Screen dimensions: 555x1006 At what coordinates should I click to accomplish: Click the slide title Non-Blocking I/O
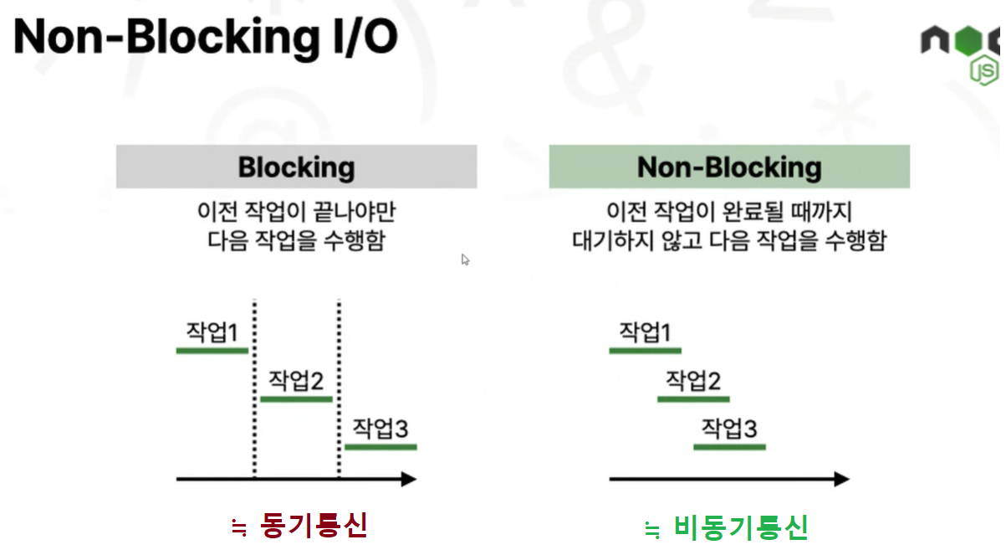coord(206,38)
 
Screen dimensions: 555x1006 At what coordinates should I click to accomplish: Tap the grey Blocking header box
coord(296,167)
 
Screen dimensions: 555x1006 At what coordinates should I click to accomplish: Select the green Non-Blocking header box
coord(729,167)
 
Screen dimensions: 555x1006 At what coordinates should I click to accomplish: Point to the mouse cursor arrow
coord(465,260)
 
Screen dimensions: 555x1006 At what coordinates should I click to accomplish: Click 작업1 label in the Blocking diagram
coord(212,332)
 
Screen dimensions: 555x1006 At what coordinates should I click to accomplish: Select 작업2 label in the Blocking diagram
coord(295,381)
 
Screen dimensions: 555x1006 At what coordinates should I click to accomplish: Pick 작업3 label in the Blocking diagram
coord(380,429)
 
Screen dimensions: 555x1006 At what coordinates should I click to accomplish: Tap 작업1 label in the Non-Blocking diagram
coord(645,332)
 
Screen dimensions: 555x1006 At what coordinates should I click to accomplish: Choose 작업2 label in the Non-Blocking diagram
coord(692,381)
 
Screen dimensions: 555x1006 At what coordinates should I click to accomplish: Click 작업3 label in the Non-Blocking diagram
coord(728,429)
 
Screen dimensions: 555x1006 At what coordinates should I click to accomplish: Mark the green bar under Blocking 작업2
coord(296,399)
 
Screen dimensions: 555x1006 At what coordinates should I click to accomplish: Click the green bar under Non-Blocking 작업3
coord(729,447)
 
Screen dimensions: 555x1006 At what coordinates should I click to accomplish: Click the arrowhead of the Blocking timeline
coord(409,479)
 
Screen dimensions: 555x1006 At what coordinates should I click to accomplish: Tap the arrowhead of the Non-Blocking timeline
coord(841,479)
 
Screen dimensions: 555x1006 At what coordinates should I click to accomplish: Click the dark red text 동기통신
coord(314,526)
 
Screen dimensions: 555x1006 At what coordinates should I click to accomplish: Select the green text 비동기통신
coord(740,527)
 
